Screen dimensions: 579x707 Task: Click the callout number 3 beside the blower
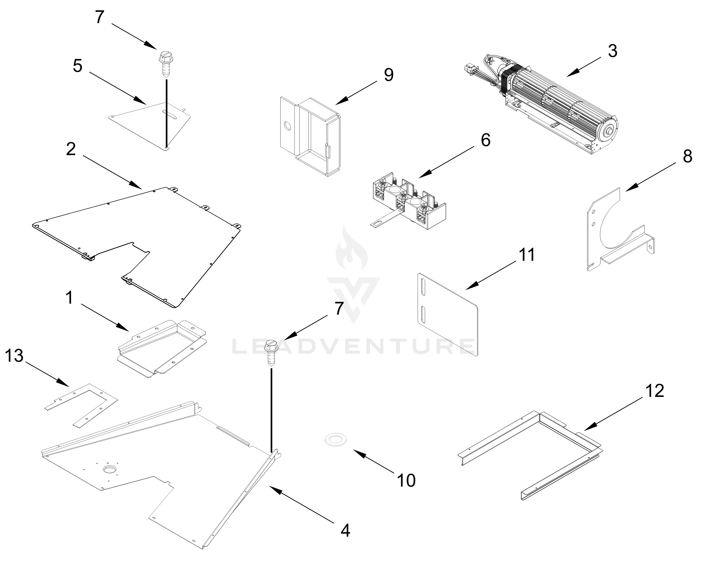click(x=612, y=51)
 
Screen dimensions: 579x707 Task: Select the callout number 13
click(x=14, y=356)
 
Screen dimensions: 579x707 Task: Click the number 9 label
click(x=388, y=75)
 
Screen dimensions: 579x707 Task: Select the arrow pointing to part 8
click(x=650, y=177)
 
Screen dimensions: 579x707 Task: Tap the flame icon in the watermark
click(x=352, y=248)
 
